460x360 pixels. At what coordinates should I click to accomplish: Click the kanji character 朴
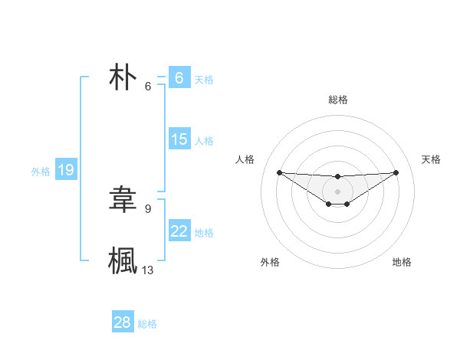123,78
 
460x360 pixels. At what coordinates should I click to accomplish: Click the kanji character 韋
123,199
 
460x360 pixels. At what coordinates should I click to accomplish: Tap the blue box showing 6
179,78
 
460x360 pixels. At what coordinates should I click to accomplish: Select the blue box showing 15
179,139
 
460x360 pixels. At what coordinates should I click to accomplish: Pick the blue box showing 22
179,231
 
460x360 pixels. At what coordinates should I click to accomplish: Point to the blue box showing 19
66,170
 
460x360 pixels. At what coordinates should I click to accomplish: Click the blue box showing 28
122,322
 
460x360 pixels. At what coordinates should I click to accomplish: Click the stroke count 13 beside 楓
148,270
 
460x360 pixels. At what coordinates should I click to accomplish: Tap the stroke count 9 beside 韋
148,208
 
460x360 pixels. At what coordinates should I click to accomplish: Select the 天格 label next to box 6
204,79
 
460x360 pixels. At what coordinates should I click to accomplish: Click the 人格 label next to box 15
204,140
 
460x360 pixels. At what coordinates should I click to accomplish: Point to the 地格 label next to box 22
204,232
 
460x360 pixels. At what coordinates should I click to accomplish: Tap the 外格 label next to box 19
41,172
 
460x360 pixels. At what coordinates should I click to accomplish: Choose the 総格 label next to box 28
147,324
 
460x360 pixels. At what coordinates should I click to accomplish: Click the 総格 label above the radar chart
337,100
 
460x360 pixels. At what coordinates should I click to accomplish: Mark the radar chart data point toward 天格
396,172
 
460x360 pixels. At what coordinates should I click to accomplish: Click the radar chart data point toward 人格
279,172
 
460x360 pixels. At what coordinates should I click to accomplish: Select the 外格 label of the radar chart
270,262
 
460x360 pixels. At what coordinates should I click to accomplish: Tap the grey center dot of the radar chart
337,191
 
